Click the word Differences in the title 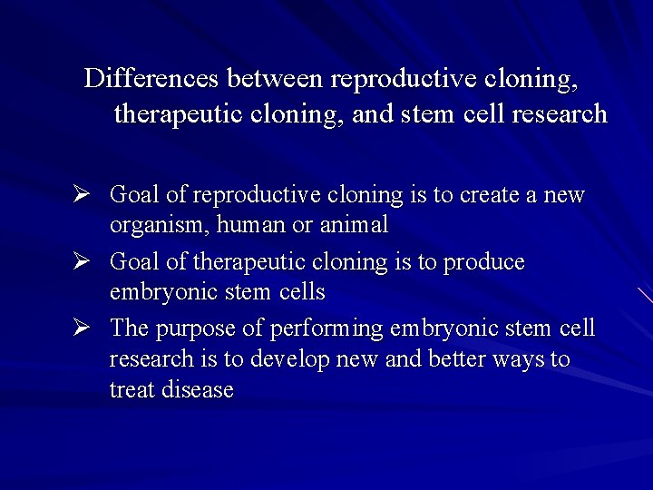(151, 79)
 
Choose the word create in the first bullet (491, 195)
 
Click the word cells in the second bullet (298, 293)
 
